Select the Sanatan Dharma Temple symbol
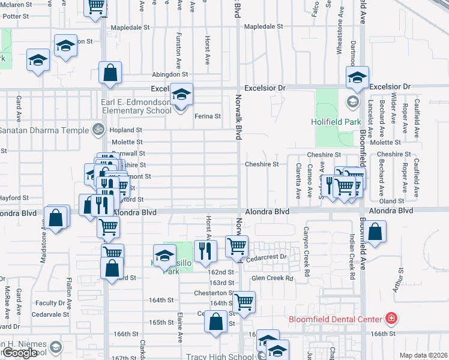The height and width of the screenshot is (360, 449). [97, 129]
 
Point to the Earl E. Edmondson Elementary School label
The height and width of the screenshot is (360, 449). [128, 106]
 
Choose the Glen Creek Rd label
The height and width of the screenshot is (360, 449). [273, 278]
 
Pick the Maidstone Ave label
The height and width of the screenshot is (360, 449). [43, 242]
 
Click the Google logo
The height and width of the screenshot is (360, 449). [20, 353]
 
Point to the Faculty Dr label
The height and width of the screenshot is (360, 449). [50, 303]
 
